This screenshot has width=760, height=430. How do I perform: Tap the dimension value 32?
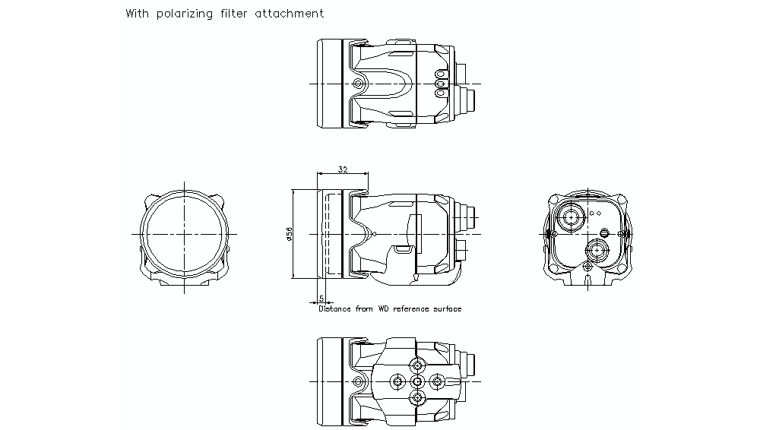tap(343, 170)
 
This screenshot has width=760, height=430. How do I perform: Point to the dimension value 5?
tap(321, 299)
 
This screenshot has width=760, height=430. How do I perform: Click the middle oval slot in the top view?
tap(439, 83)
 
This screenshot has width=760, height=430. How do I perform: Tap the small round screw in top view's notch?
tap(357, 83)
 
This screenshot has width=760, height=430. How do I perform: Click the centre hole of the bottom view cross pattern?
tap(416, 380)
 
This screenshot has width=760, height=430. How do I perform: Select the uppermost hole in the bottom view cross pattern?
tap(416, 362)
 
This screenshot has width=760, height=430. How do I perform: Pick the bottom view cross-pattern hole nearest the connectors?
tap(435, 380)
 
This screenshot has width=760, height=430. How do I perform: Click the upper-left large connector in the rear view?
tap(570, 217)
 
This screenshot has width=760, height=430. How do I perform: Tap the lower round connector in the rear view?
tap(596, 250)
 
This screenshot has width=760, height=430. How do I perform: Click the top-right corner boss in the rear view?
tap(625, 202)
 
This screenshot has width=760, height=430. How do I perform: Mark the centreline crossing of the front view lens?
tap(183, 234)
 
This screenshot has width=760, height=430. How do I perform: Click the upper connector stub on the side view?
tap(470, 215)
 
